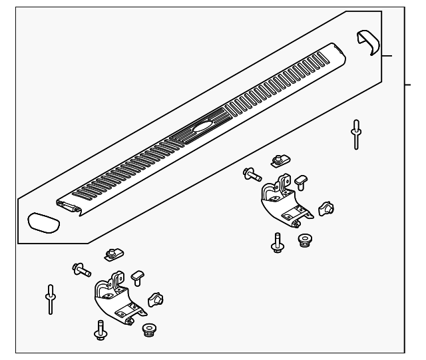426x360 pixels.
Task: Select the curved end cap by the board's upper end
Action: pyautogui.click(x=367, y=44)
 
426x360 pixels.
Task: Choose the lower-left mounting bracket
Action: pyautogui.click(x=116, y=299)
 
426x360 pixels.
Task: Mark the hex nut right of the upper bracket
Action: pyautogui.click(x=325, y=208)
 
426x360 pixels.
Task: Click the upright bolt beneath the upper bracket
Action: pyautogui.click(x=276, y=242)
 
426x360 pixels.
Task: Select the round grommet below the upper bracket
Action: pyautogui.click(x=306, y=240)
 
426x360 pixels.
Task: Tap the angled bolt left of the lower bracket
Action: pyautogui.click(x=81, y=269)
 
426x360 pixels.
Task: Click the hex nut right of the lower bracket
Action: pyautogui.click(x=156, y=300)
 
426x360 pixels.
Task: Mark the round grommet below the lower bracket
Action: pyautogui.click(x=148, y=329)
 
